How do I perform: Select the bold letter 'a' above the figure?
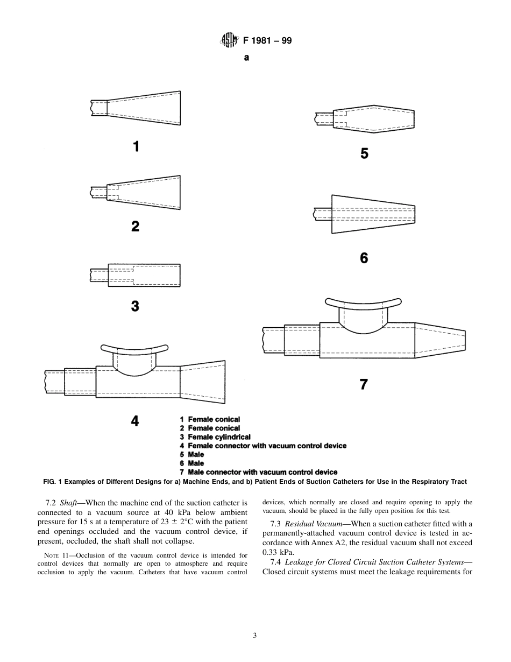pos(246,58)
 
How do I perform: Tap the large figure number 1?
pos(137,146)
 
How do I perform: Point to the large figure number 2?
pos(136,226)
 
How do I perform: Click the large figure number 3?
pos(135,306)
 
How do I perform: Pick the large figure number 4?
pos(135,421)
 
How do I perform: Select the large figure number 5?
pos(364,154)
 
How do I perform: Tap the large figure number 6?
pos(364,258)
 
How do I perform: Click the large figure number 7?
pos(364,384)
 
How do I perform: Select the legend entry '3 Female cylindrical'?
pos(215,437)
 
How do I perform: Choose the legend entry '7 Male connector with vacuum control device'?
pos(259,472)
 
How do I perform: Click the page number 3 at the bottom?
pos(255,635)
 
